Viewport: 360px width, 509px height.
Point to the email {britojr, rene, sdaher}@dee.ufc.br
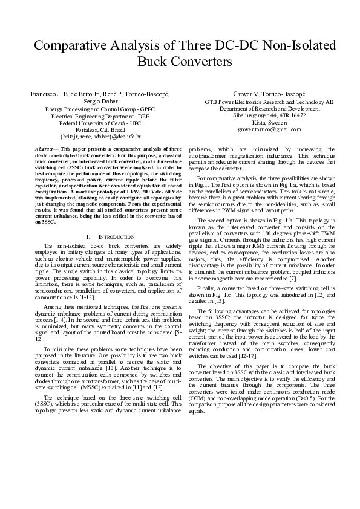pyautogui.click(x=101, y=137)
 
